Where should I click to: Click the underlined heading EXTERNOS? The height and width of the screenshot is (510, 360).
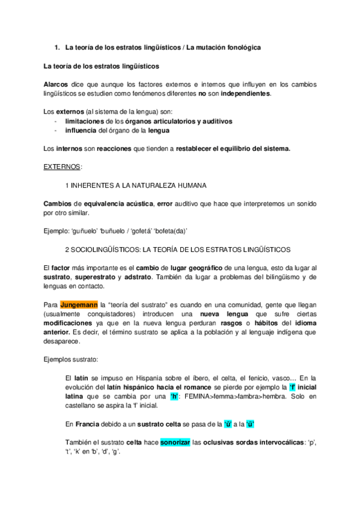click(x=63, y=165)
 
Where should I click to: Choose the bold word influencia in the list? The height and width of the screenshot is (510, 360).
click(x=81, y=130)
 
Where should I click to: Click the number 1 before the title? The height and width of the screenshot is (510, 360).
click(x=56, y=46)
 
